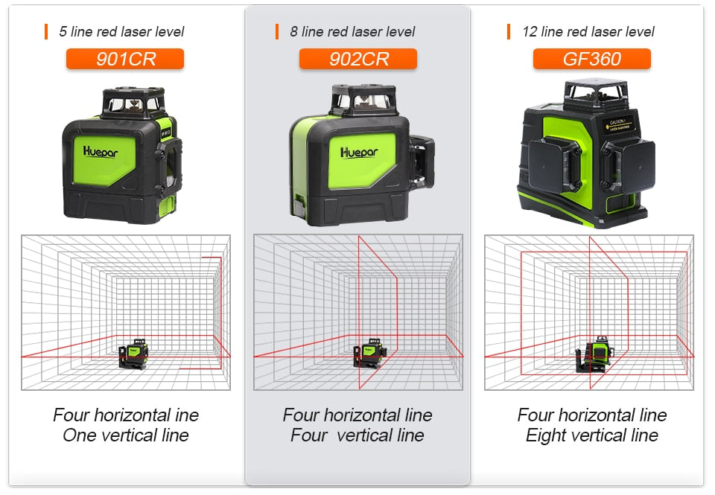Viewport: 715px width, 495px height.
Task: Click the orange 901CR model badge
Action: click(x=124, y=59)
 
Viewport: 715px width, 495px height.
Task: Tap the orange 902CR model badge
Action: click(x=357, y=59)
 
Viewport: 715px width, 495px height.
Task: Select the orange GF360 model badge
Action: click(x=591, y=59)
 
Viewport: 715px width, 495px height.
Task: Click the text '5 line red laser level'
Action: click(x=121, y=32)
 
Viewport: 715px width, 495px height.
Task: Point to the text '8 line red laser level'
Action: click(x=352, y=32)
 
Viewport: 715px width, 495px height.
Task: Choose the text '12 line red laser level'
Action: click(x=588, y=32)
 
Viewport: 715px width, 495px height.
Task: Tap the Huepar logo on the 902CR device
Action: click(x=359, y=152)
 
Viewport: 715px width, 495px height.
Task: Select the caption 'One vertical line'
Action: click(x=125, y=435)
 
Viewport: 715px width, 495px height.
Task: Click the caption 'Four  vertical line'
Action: click(x=357, y=435)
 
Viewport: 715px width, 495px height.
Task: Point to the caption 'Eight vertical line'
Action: click(x=591, y=435)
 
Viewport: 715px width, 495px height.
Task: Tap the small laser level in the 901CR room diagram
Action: click(x=133, y=353)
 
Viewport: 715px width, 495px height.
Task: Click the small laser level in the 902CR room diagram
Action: click(x=367, y=353)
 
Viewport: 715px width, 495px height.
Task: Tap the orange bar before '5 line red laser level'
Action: click(x=45, y=32)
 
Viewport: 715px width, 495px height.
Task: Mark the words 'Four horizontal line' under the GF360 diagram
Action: click(x=591, y=415)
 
